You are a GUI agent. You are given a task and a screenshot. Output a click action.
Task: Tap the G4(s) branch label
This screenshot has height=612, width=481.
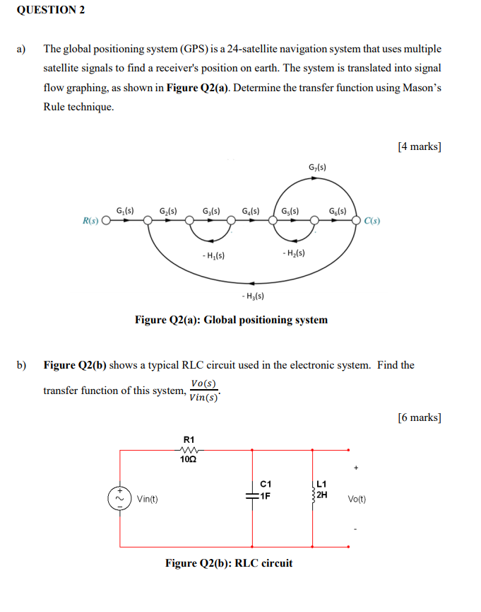(250, 210)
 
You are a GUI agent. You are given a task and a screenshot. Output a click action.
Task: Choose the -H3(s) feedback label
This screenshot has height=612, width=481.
(252, 296)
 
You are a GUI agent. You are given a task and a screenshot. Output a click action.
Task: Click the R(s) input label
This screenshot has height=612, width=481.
(91, 221)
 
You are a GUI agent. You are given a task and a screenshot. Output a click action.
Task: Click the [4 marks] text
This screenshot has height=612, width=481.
(420, 146)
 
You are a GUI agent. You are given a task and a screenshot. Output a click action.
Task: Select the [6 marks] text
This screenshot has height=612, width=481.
(420, 417)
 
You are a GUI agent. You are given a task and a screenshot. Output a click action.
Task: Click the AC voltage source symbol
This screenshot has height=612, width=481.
(119, 498)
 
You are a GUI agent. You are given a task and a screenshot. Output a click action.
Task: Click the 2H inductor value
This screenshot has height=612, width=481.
(321, 495)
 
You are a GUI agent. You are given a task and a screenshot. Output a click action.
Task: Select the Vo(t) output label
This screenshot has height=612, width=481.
(356, 499)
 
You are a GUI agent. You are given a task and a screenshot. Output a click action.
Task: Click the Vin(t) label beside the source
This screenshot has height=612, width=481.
(148, 499)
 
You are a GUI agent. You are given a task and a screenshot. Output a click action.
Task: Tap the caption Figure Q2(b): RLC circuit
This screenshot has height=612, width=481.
(229, 563)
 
